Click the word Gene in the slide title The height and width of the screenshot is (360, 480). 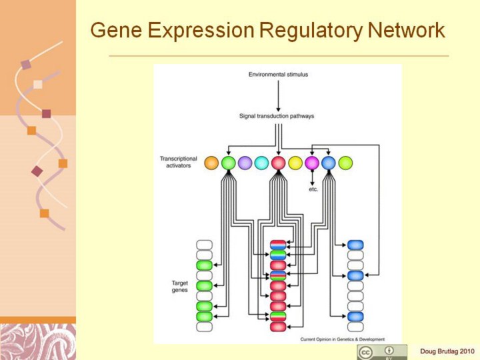click(113, 31)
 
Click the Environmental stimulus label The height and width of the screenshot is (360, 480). click(278, 75)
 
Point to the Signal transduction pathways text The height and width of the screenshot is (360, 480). click(277, 116)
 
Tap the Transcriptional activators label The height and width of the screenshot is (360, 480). click(179, 163)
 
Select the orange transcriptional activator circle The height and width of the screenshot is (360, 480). click(211, 163)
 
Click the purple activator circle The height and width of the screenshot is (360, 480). click(245, 163)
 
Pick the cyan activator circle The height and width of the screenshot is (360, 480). click(261, 163)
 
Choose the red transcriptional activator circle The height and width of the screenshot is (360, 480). click(278, 163)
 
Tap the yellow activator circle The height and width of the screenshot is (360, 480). click(295, 163)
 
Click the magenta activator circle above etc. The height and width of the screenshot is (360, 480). click(312, 163)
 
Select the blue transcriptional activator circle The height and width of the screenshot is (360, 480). click(329, 163)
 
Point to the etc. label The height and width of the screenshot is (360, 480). click(313, 189)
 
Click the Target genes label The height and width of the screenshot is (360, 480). click(180, 287)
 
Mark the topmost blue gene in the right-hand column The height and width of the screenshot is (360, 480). click(355, 245)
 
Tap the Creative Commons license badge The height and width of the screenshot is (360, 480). click(382, 351)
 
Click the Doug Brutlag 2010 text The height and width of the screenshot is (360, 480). click(447, 351)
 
